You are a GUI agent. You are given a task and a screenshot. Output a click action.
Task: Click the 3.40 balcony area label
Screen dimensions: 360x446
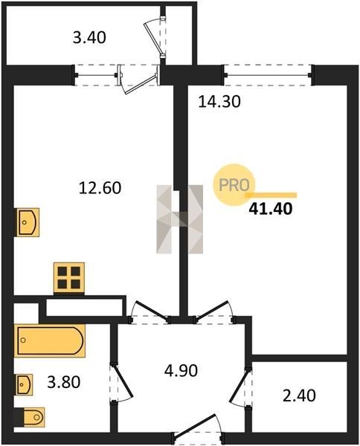point(89,38)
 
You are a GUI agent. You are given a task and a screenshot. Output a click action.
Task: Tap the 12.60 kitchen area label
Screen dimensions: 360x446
point(100,188)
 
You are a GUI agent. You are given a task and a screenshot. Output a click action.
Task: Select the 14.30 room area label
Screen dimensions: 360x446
point(219,102)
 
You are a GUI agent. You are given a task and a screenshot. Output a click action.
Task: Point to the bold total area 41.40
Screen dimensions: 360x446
point(271,209)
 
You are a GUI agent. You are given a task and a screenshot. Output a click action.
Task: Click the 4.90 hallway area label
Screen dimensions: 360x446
point(181,371)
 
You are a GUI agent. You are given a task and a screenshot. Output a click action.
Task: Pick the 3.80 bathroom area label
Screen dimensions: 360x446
point(64,382)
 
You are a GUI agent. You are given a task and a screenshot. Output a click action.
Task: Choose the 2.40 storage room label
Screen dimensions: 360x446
point(299,395)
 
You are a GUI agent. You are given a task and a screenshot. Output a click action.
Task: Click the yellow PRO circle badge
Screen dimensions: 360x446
point(234,185)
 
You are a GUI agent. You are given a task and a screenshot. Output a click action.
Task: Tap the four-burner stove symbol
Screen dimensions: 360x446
point(69,277)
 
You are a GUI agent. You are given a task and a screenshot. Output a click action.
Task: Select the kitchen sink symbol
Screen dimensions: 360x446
point(28,222)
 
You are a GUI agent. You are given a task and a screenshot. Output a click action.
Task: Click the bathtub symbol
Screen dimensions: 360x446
point(50,340)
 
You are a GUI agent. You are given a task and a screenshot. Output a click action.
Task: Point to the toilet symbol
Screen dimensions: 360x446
point(33,417)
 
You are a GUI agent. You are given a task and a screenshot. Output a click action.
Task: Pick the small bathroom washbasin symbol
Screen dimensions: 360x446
point(25,384)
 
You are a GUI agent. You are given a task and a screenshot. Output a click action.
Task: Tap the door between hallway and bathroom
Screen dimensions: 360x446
point(121,382)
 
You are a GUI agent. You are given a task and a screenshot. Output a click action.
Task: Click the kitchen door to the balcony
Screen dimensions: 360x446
point(139,77)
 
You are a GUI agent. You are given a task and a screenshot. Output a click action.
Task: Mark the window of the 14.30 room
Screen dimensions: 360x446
point(268,75)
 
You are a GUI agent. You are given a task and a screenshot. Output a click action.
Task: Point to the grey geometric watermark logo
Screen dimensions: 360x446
point(179,219)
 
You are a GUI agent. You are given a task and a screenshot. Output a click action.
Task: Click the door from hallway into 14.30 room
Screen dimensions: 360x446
point(213,312)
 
